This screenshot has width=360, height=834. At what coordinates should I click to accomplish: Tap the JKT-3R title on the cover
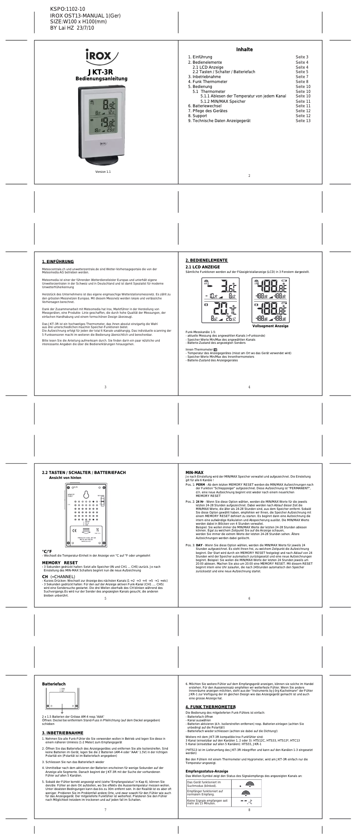[100, 72]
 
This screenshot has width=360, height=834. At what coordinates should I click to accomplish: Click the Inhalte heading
[245, 49]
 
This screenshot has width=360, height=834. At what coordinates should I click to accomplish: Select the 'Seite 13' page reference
[303, 121]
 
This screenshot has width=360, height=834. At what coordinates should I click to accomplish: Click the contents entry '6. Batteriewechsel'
[205, 106]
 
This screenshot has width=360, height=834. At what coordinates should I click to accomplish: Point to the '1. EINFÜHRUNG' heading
[58, 262]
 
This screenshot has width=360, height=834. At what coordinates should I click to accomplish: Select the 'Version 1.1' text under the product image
[103, 172]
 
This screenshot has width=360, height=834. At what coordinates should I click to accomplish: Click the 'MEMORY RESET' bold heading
[60, 562]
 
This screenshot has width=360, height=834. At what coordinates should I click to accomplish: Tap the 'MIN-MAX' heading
[194, 473]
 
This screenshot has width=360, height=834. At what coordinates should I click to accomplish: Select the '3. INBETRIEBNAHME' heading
[62, 733]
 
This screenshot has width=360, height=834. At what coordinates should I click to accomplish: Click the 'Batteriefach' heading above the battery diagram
[54, 684]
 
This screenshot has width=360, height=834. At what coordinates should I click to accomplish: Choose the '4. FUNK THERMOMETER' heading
[211, 707]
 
